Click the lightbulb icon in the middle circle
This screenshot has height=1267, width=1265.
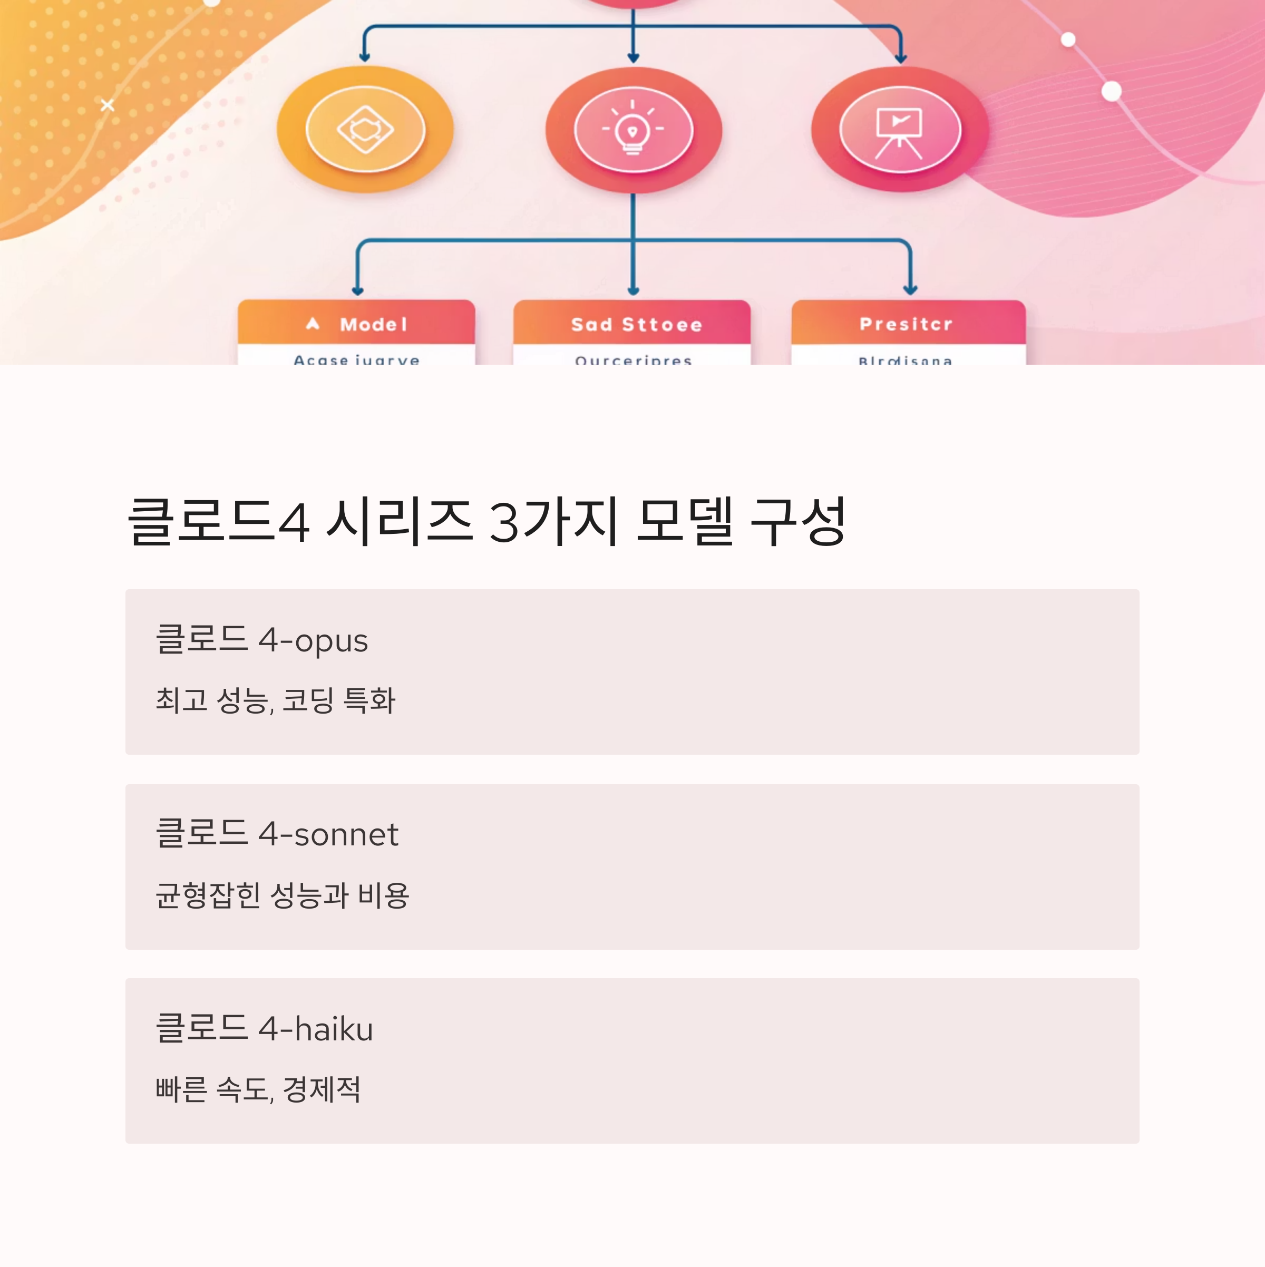(x=633, y=130)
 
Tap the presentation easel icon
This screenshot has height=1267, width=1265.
(x=899, y=131)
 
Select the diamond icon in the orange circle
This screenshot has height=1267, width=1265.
(x=365, y=129)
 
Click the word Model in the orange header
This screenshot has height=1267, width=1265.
(x=374, y=324)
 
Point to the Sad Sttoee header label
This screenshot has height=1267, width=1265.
(x=636, y=324)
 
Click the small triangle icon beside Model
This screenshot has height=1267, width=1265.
(x=313, y=323)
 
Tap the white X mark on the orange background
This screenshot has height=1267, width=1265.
(x=108, y=105)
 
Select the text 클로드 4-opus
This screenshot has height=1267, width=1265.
(x=261, y=639)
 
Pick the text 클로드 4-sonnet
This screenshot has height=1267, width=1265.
(x=277, y=834)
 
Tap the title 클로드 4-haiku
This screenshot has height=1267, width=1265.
(x=264, y=1028)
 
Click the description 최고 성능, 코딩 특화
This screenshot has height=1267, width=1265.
(x=276, y=700)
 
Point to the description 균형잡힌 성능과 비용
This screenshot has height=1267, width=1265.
(x=283, y=894)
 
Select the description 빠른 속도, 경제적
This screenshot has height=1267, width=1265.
(x=258, y=1089)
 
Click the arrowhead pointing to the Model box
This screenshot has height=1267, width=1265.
(x=357, y=290)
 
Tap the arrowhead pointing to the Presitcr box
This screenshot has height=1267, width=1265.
(x=910, y=290)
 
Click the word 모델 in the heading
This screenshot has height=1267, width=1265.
(x=684, y=522)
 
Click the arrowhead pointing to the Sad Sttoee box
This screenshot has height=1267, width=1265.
(x=633, y=290)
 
